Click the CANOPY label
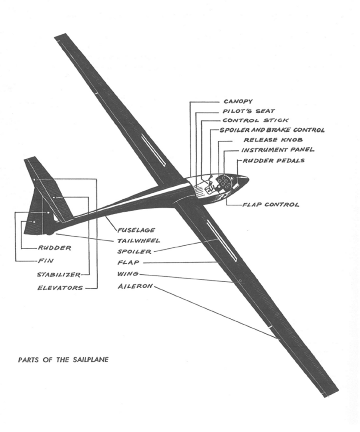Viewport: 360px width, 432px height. tap(238, 101)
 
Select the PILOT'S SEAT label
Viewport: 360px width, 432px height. tap(249, 111)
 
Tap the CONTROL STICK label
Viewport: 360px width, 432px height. tap(256, 120)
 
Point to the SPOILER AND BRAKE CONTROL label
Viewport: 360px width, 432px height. tap(272, 130)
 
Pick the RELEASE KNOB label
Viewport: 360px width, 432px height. tap(273, 140)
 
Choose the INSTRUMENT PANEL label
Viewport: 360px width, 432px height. tap(278, 150)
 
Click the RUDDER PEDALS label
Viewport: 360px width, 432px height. tap(274, 160)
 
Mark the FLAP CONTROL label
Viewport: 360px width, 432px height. tap(271, 205)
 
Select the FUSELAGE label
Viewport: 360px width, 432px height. tap(136, 230)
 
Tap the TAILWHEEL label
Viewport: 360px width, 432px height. tap(138, 241)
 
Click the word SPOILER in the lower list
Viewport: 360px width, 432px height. tap(135, 252)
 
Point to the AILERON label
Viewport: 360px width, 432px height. tap(135, 286)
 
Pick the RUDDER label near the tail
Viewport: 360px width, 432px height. tap(55, 248)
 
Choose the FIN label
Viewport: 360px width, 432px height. tap(46, 260)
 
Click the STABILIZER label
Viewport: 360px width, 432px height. tap(59, 275)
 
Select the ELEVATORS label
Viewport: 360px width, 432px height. tap(60, 288)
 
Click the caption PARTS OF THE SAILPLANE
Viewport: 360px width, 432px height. tap(63, 360)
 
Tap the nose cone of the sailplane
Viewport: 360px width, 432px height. tap(243, 180)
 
